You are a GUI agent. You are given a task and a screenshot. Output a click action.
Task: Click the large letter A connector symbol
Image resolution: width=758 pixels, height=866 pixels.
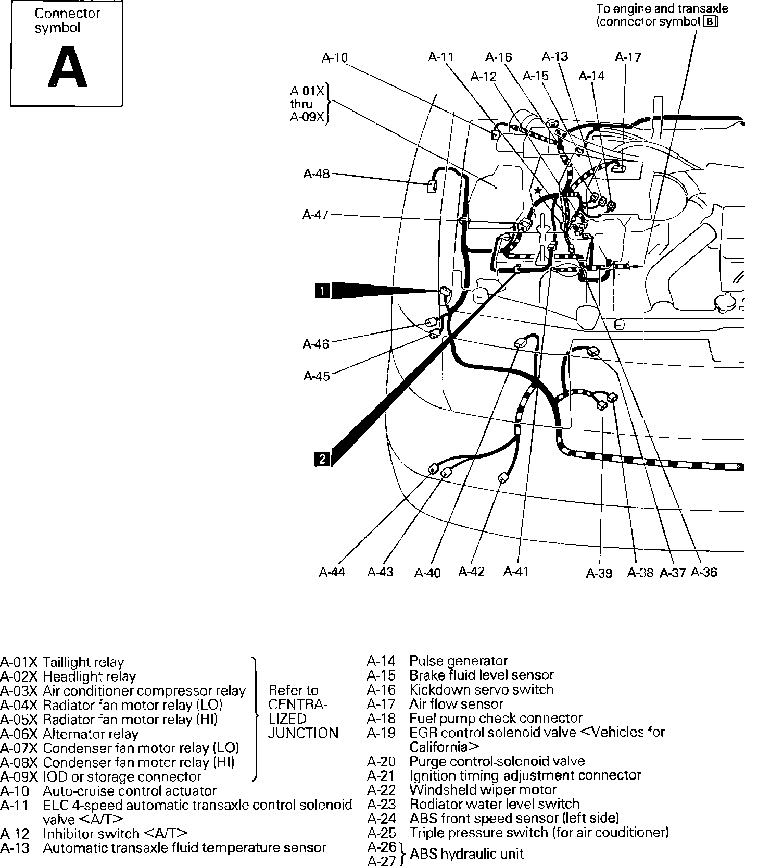tap(67, 67)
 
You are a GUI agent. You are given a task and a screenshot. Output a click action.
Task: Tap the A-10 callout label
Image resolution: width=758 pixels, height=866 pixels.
tap(334, 58)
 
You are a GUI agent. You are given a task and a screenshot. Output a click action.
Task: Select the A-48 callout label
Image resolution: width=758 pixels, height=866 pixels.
tap(317, 174)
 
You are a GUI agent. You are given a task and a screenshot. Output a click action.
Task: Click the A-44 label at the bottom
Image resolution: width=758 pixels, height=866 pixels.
tap(332, 572)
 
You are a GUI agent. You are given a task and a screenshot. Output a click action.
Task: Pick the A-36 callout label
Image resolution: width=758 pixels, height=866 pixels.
tap(703, 572)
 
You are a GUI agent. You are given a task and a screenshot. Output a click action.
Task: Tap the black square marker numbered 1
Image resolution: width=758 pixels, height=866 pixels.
tap(322, 290)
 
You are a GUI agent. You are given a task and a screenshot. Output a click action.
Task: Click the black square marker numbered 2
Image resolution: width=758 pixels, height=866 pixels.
tap(322, 459)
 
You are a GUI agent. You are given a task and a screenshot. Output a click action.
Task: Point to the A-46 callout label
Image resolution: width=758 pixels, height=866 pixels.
tap(316, 344)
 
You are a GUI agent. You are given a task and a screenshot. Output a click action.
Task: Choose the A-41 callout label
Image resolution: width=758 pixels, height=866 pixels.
tap(516, 572)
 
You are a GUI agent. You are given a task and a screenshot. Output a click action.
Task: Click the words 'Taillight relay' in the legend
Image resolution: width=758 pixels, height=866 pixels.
tap(83, 662)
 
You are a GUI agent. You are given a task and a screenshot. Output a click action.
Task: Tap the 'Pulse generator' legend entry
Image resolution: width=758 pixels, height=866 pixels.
tap(459, 661)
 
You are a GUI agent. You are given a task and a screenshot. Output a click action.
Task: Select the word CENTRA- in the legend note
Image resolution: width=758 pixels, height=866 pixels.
tap(298, 704)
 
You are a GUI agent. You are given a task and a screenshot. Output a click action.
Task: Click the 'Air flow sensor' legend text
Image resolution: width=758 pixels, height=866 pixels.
tap(457, 704)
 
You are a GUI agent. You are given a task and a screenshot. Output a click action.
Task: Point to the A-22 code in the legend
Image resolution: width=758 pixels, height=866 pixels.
tap(381, 790)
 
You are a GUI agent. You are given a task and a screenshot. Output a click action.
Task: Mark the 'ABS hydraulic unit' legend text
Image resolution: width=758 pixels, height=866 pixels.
tap(467, 853)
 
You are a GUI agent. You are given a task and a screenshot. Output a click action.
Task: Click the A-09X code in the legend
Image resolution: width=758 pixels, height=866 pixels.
tap(19, 776)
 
